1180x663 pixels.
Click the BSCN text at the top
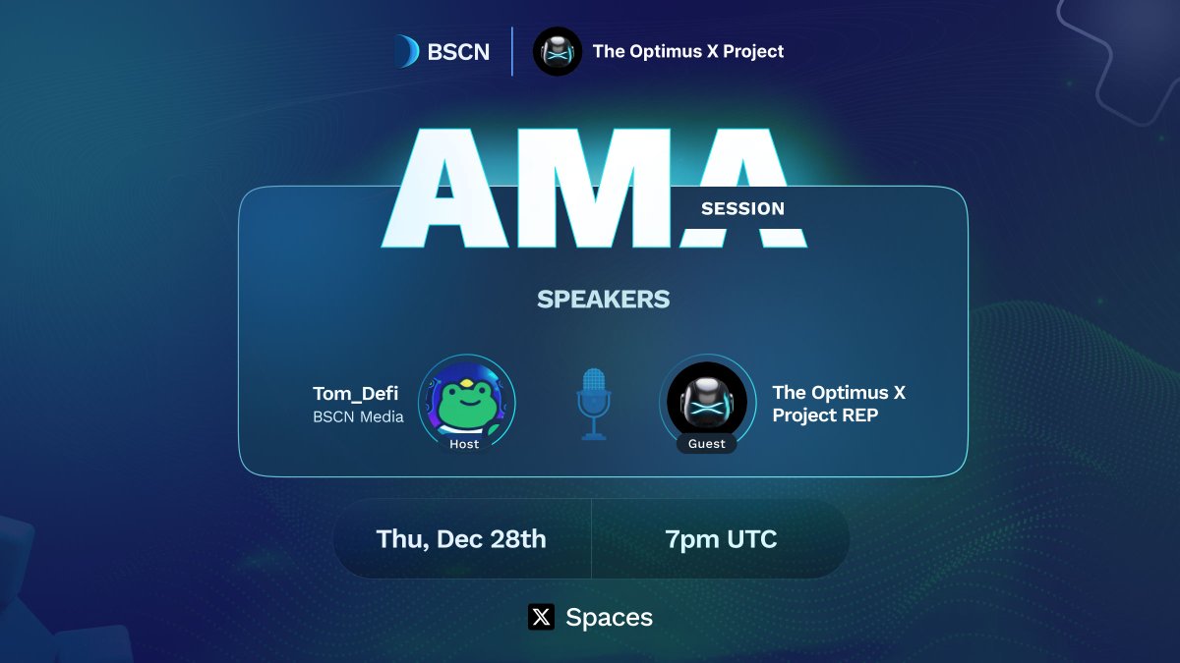click(x=458, y=52)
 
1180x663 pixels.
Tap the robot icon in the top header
click(x=558, y=51)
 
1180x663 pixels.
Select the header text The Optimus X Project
click(x=688, y=51)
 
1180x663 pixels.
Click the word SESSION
click(x=742, y=208)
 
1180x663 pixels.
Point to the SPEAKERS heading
click(x=603, y=300)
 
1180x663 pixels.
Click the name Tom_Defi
click(x=355, y=394)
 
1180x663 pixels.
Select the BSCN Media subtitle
click(x=358, y=416)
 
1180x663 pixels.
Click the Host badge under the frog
click(x=464, y=444)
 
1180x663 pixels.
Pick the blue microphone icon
click(x=593, y=404)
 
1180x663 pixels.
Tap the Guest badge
click(x=706, y=444)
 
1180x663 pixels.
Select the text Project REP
click(x=825, y=415)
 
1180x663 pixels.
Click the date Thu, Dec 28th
click(x=461, y=538)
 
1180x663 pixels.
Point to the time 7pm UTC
click(x=721, y=538)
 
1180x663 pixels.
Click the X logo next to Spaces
click(x=541, y=617)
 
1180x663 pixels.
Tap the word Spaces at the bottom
click(x=609, y=617)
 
